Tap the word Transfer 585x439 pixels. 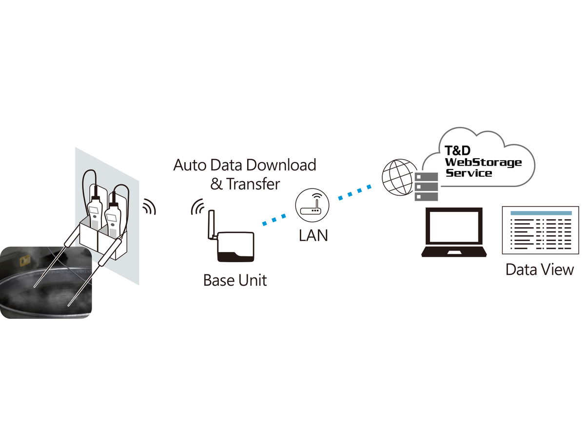(253, 184)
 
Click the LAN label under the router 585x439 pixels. (313, 235)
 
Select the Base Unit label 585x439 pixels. (235, 280)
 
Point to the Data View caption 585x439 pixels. (540, 270)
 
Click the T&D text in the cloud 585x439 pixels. (457, 150)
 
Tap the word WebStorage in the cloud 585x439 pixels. (483, 163)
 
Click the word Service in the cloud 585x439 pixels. (469, 173)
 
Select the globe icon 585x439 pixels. (398, 177)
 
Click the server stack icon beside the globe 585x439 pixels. (426, 187)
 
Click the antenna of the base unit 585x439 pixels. (212, 225)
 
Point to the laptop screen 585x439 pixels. (454, 227)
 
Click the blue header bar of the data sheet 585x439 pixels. (541, 213)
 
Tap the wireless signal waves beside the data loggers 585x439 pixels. (149, 207)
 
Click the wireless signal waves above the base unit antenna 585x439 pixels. (197, 207)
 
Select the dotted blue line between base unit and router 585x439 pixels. (274, 220)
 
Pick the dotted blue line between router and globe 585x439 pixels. (355, 192)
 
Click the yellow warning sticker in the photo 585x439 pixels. (25, 260)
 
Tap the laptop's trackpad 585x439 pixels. (454, 252)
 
